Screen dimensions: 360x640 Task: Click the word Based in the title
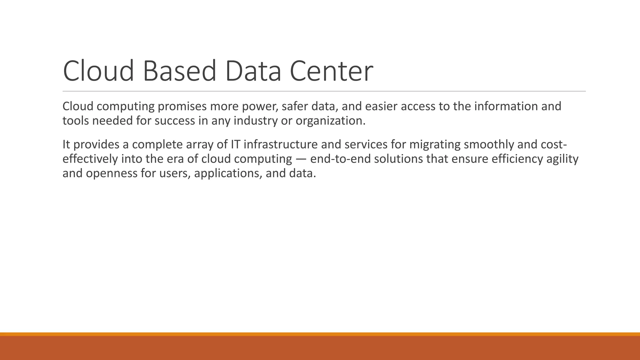coord(179,71)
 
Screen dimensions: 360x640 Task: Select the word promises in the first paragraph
coord(182,107)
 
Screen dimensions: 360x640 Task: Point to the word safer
coord(295,107)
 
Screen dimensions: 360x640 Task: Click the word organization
coord(330,121)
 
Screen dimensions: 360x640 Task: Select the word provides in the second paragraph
coord(96,145)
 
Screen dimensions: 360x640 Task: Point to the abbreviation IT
coord(235,145)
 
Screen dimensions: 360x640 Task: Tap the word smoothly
coord(489,145)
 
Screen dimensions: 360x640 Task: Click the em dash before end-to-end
coord(301,159)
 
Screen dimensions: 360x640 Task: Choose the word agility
coord(562,159)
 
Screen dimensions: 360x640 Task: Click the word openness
coord(112,173)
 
